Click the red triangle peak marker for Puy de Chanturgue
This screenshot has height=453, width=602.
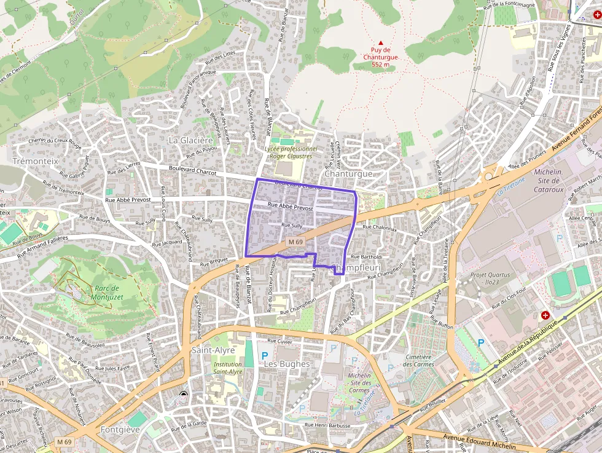pyautogui.click(x=380, y=42)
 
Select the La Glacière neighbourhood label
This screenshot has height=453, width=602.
pyautogui.click(x=190, y=140)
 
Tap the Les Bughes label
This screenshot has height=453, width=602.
pyautogui.click(x=286, y=363)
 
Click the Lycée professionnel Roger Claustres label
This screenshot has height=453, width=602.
pyautogui.click(x=291, y=152)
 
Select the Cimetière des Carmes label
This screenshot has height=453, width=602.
pyautogui.click(x=420, y=360)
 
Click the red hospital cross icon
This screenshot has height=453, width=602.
pyautogui.click(x=545, y=315)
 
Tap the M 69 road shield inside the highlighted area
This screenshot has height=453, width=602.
pyautogui.click(x=295, y=242)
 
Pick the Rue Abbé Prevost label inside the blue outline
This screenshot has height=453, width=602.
pyautogui.click(x=291, y=208)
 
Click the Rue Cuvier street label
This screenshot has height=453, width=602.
pyautogui.click(x=279, y=341)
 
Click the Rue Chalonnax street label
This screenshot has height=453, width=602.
pyautogui.click(x=380, y=227)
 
